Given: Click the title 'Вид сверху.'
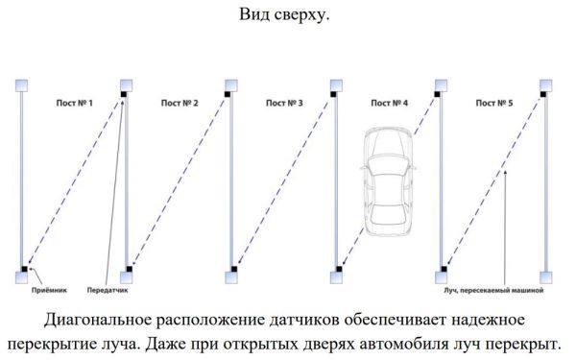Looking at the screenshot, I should [x=287, y=15].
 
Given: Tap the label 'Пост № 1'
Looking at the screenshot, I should [x=73, y=101].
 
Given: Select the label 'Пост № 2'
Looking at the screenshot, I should [x=179, y=101].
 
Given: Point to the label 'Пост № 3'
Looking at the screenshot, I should [x=283, y=101].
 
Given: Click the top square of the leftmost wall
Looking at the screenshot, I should [x=23, y=84].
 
